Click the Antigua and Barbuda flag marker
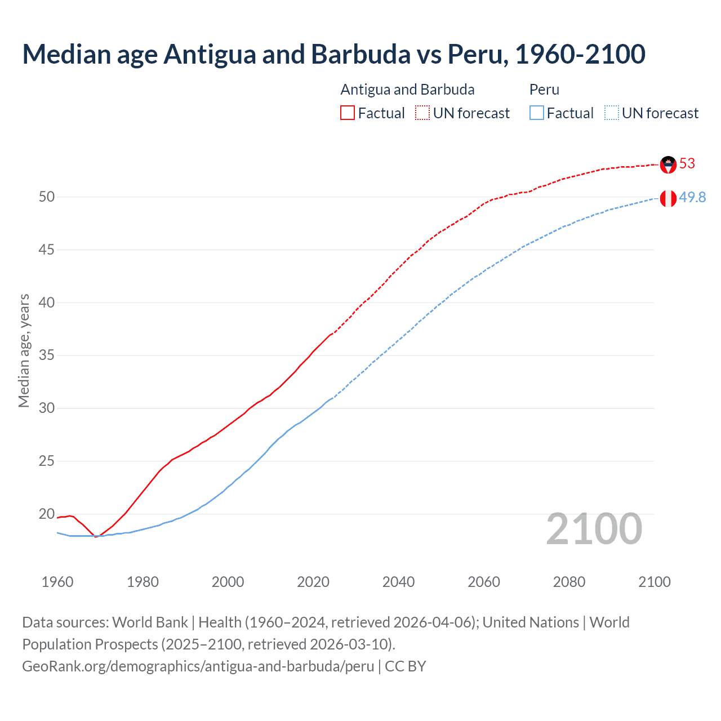[x=668, y=164]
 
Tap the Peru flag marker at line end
[x=668, y=198]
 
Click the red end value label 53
[x=687, y=164]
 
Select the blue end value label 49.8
[x=692, y=198]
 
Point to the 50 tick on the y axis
[x=47, y=197]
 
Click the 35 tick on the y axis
[x=47, y=355]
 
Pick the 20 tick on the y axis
[x=47, y=514]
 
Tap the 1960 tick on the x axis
[x=57, y=582]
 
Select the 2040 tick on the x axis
[x=398, y=582]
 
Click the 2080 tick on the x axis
[x=569, y=582]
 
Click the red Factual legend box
[x=348, y=113]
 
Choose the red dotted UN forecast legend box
[x=422, y=113]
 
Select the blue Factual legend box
[x=537, y=113]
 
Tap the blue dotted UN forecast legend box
[x=612, y=113]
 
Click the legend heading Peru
[x=544, y=90]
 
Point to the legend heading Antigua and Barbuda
[x=407, y=90]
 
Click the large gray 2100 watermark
[x=594, y=529]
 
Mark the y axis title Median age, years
[x=24, y=350]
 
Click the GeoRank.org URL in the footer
[x=198, y=666]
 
